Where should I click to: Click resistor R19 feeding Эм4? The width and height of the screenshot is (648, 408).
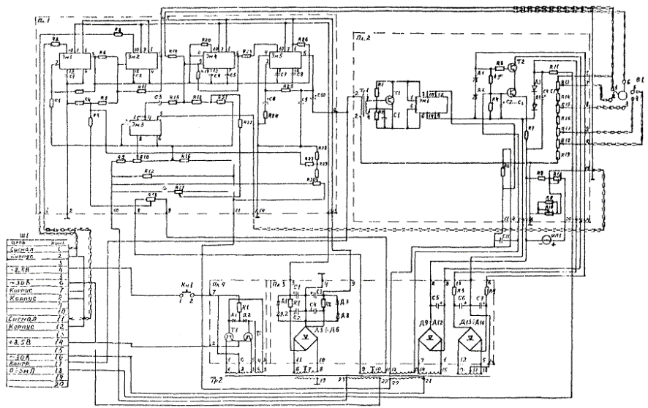173,53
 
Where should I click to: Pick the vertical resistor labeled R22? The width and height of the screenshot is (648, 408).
240,124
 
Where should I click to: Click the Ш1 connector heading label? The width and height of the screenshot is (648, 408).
50,235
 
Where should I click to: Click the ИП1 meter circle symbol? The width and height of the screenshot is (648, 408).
544,239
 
